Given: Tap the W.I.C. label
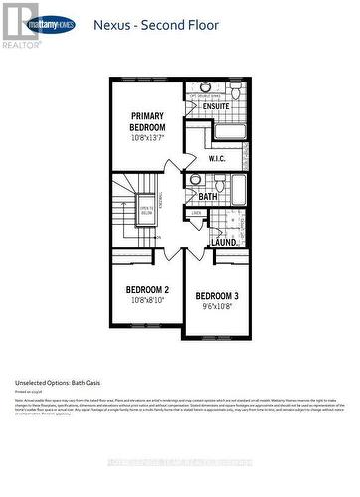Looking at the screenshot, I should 220,159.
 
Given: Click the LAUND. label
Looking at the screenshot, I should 223,242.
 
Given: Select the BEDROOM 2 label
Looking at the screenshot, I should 146,291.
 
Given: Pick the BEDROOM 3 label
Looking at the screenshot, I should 216,297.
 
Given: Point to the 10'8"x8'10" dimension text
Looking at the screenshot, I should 146,303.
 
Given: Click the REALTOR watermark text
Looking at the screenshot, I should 19,45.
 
